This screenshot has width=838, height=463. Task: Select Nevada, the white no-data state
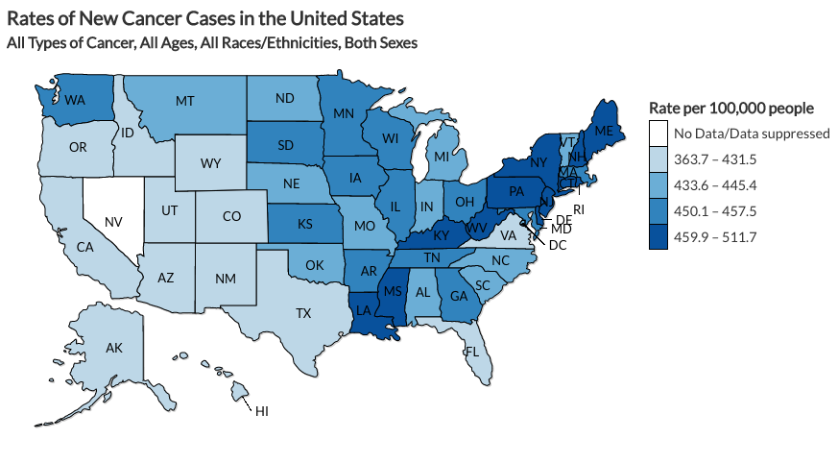coord(111,220)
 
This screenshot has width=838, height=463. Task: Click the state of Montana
coord(185,100)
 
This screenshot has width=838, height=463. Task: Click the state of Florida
coord(471,351)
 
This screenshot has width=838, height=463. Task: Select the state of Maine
coord(604,129)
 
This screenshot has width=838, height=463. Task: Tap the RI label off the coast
coord(579,208)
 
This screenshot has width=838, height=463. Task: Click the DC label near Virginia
coord(557,245)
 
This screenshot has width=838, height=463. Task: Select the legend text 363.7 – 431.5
coord(712,158)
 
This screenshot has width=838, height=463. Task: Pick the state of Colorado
coord(230,215)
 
